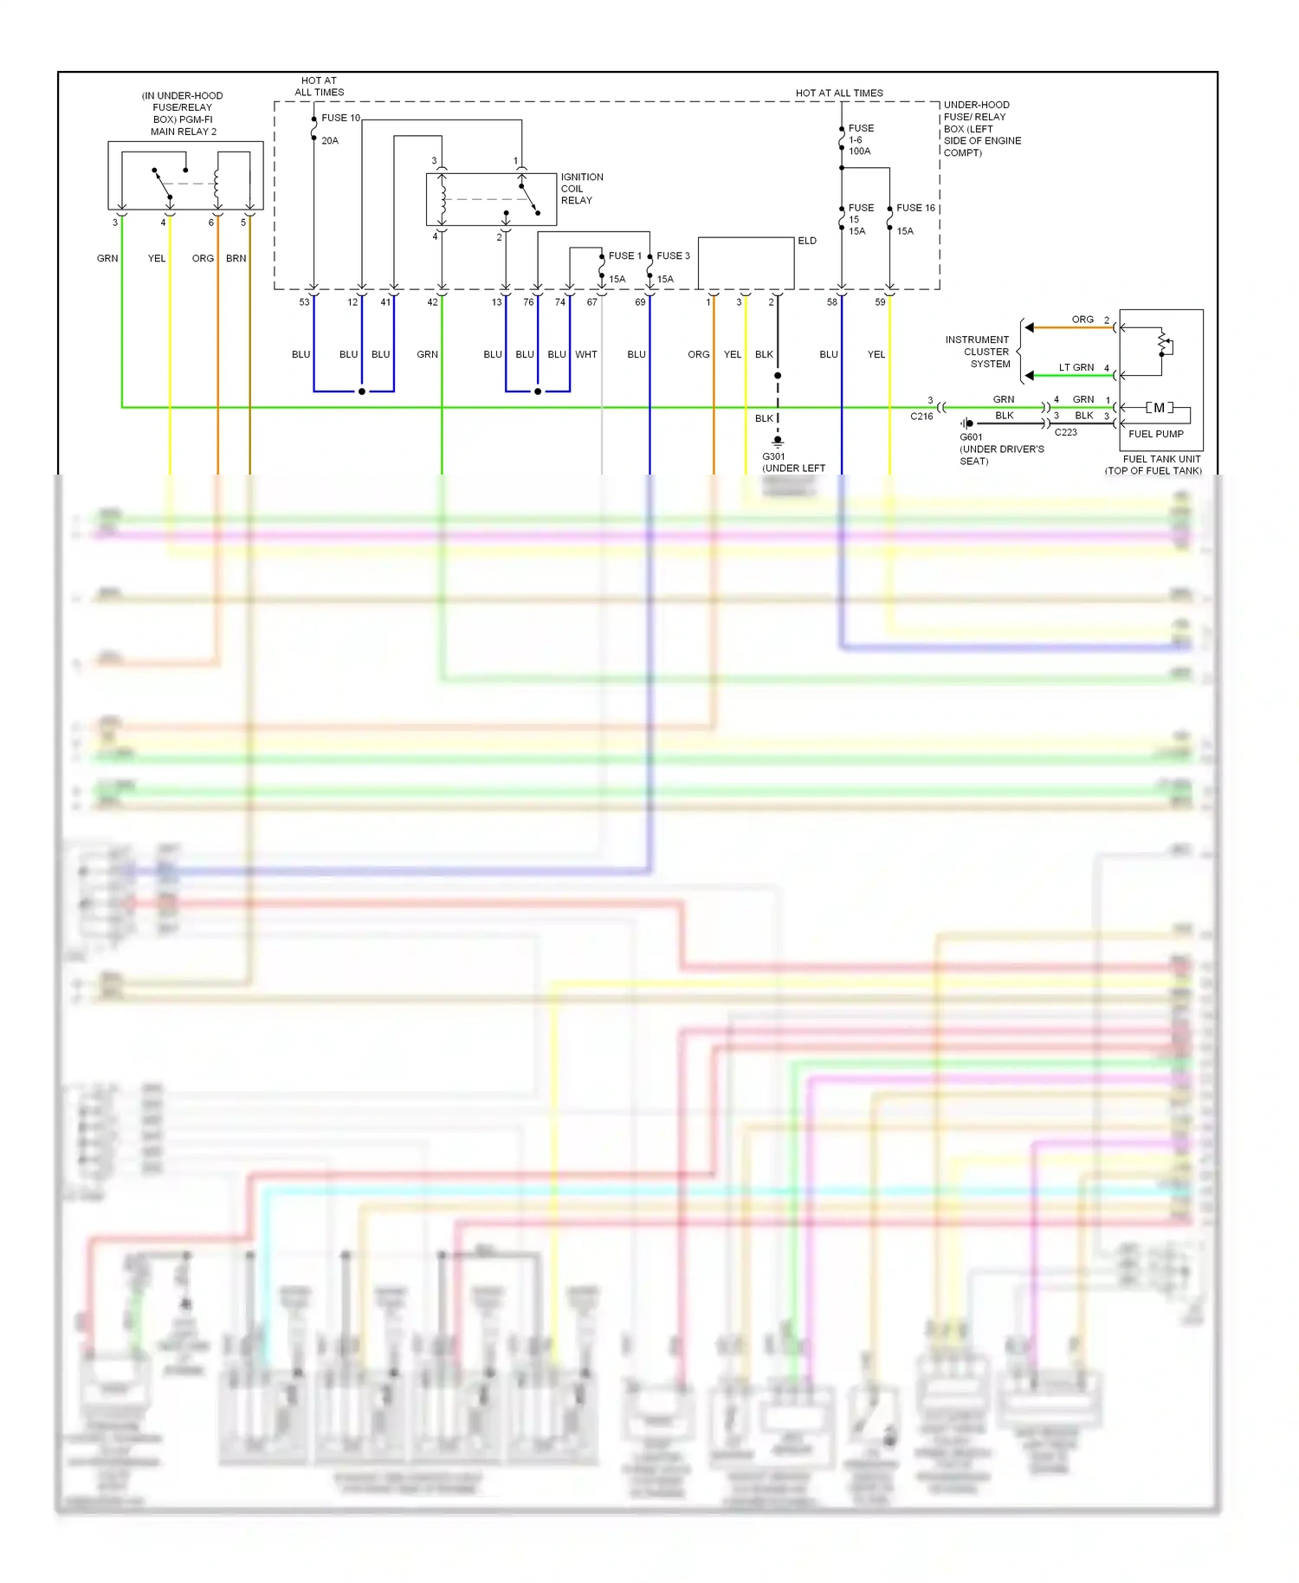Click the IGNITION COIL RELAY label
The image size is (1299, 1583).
(x=581, y=189)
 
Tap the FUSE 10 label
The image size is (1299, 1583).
(x=340, y=118)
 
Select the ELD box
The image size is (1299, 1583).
(x=746, y=263)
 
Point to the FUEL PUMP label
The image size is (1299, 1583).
(x=1155, y=434)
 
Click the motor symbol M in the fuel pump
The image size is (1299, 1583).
(x=1159, y=408)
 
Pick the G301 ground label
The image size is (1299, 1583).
(x=773, y=456)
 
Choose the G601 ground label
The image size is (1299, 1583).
(x=971, y=437)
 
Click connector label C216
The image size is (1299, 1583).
(x=921, y=417)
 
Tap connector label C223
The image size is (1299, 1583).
(x=1065, y=432)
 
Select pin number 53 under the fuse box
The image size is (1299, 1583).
(x=304, y=302)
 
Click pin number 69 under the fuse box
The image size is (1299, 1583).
(x=640, y=302)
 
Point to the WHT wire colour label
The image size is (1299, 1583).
(x=586, y=354)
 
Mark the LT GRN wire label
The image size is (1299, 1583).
(x=1076, y=367)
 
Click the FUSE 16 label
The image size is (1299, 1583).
(x=915, y=208)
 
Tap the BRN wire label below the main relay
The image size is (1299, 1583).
(x=236, y=258)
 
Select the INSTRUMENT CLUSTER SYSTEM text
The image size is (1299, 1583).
(x=978, y=352)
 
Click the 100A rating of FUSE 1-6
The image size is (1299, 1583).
(x=859, y=152)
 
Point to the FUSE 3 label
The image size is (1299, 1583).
(x=673, y=255)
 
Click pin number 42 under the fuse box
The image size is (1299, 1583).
(x=432, y=302)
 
